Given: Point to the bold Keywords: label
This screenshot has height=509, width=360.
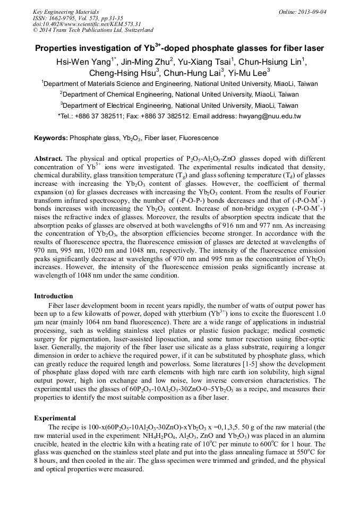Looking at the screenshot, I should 51,138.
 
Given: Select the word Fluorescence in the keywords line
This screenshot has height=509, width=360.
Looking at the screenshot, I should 199,138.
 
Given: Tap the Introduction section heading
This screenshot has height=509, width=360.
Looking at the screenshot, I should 53,296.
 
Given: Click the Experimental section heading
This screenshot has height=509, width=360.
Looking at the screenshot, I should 55,418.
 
